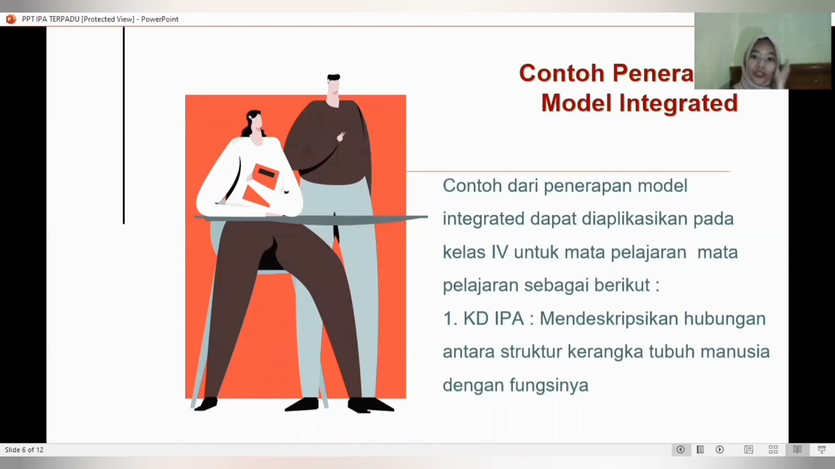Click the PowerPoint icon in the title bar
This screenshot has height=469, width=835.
10,19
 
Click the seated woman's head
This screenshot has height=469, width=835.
254,124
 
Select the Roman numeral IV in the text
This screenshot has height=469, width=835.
499,252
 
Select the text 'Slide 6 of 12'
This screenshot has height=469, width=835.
24,450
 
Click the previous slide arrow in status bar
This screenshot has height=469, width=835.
680,449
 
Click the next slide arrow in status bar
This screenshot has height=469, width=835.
720,449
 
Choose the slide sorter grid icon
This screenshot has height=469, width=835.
773,449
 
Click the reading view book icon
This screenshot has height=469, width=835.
797,449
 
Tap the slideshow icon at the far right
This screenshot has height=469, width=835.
821,449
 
